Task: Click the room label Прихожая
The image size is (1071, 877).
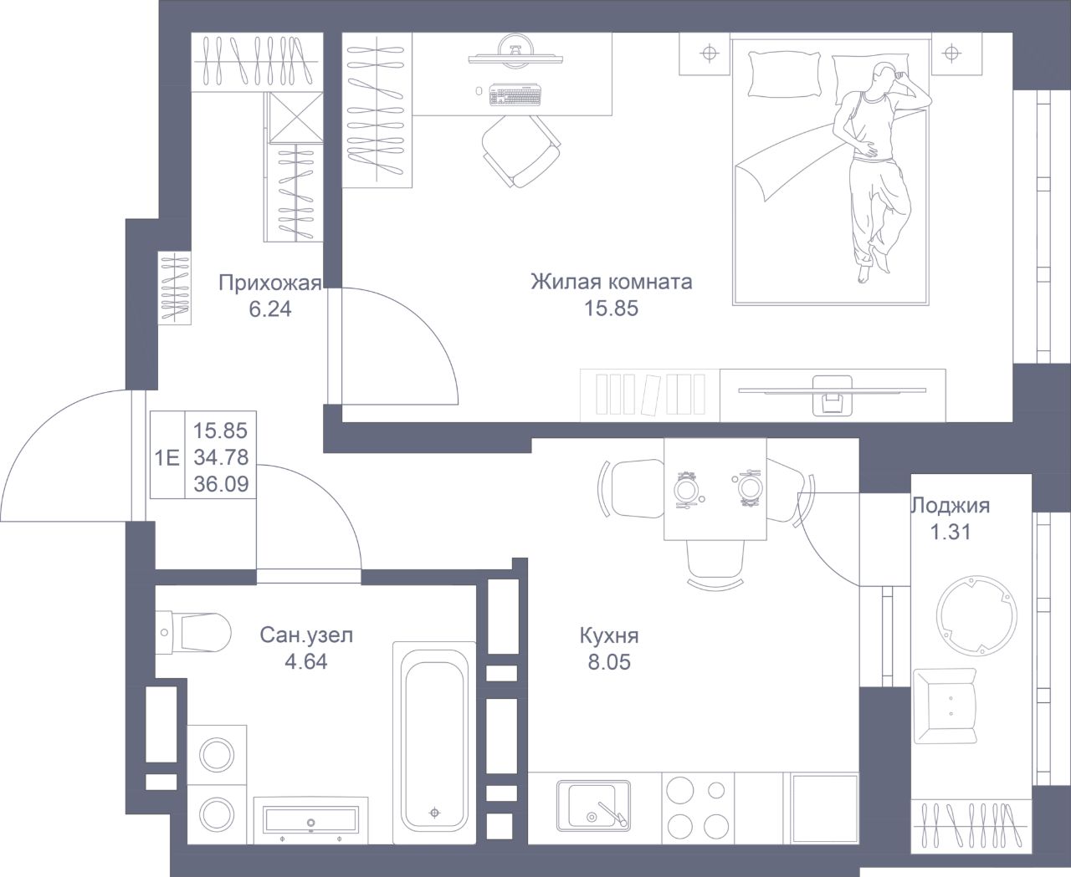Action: coord(269,283)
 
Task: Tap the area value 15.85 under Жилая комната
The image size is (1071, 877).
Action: coord(611,308)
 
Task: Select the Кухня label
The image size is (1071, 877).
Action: coord(609,635)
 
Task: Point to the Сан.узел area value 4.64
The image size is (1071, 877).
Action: coord(305,662)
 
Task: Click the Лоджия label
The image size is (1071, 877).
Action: coord(951,506)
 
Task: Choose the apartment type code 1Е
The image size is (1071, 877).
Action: coord(167,458)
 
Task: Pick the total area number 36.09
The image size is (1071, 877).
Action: coord(221,484)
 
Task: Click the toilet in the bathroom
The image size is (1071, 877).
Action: coord(193,632)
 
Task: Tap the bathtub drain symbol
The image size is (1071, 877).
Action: coord(434,813)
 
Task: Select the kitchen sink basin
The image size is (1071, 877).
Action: coord(592,806)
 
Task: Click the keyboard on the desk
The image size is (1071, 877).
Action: coord(515,95)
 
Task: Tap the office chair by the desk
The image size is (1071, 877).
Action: coord(520,150)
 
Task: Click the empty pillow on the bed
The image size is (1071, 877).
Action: coord(784,74)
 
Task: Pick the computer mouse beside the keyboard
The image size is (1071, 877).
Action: coord(479,91)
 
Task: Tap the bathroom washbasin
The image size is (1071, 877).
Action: coord(310,822)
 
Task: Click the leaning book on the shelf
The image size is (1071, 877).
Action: coord(649,395)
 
